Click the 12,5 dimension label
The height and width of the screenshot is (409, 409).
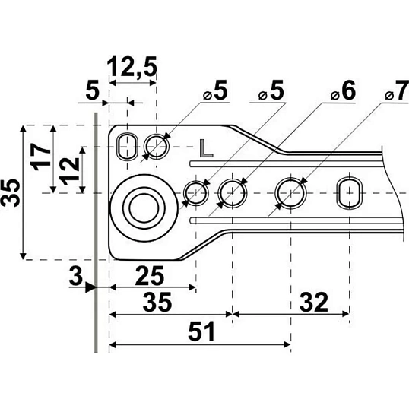tap(132, 67)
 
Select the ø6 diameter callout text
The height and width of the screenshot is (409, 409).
tap(343, 90)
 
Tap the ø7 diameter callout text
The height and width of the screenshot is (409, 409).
tap(397, 90)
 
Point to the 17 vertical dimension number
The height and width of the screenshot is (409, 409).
tap(41, 157)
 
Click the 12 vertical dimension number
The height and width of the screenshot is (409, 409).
tap(69, 171)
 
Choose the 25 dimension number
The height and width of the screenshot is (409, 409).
tap(150, 275)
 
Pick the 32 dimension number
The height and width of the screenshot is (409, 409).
tap(313, 303)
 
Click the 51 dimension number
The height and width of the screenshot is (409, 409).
tap(201, 331)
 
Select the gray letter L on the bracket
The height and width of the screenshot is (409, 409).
tap(206, 148)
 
